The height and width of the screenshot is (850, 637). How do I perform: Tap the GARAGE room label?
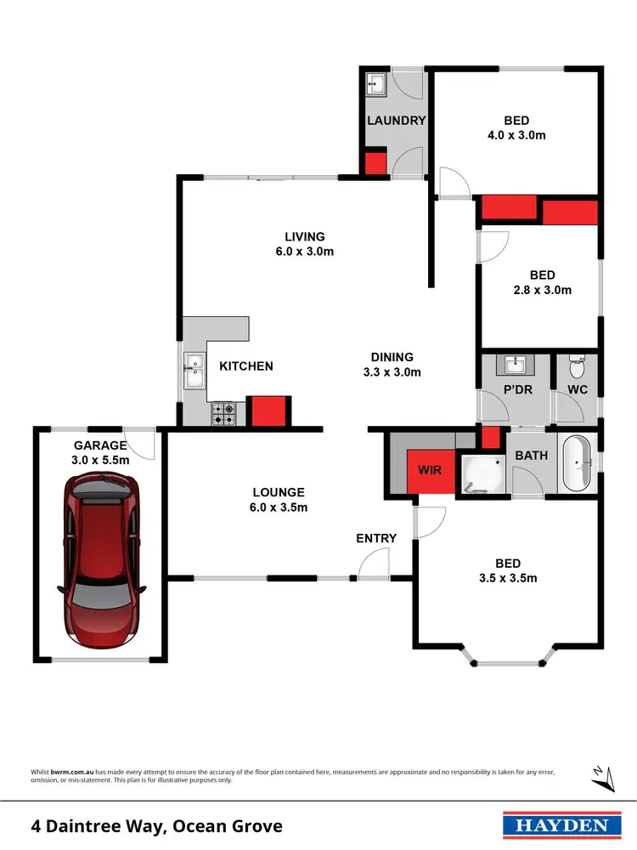(99, 445)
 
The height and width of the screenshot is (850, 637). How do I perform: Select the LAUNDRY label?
(396, 121)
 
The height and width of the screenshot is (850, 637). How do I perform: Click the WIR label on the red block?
(430, 468)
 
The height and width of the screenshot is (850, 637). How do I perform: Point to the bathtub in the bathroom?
(579, 464)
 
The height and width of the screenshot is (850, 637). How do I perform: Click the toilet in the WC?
(577, 369)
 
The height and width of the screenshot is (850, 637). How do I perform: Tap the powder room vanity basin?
(516, 365)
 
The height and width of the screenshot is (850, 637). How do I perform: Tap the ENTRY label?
(376, 538)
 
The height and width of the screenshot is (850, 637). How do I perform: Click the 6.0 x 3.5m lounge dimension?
(279, 508)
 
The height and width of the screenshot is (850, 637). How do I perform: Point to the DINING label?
(392, 357)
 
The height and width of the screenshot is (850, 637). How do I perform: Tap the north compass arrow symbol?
(599, 774)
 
